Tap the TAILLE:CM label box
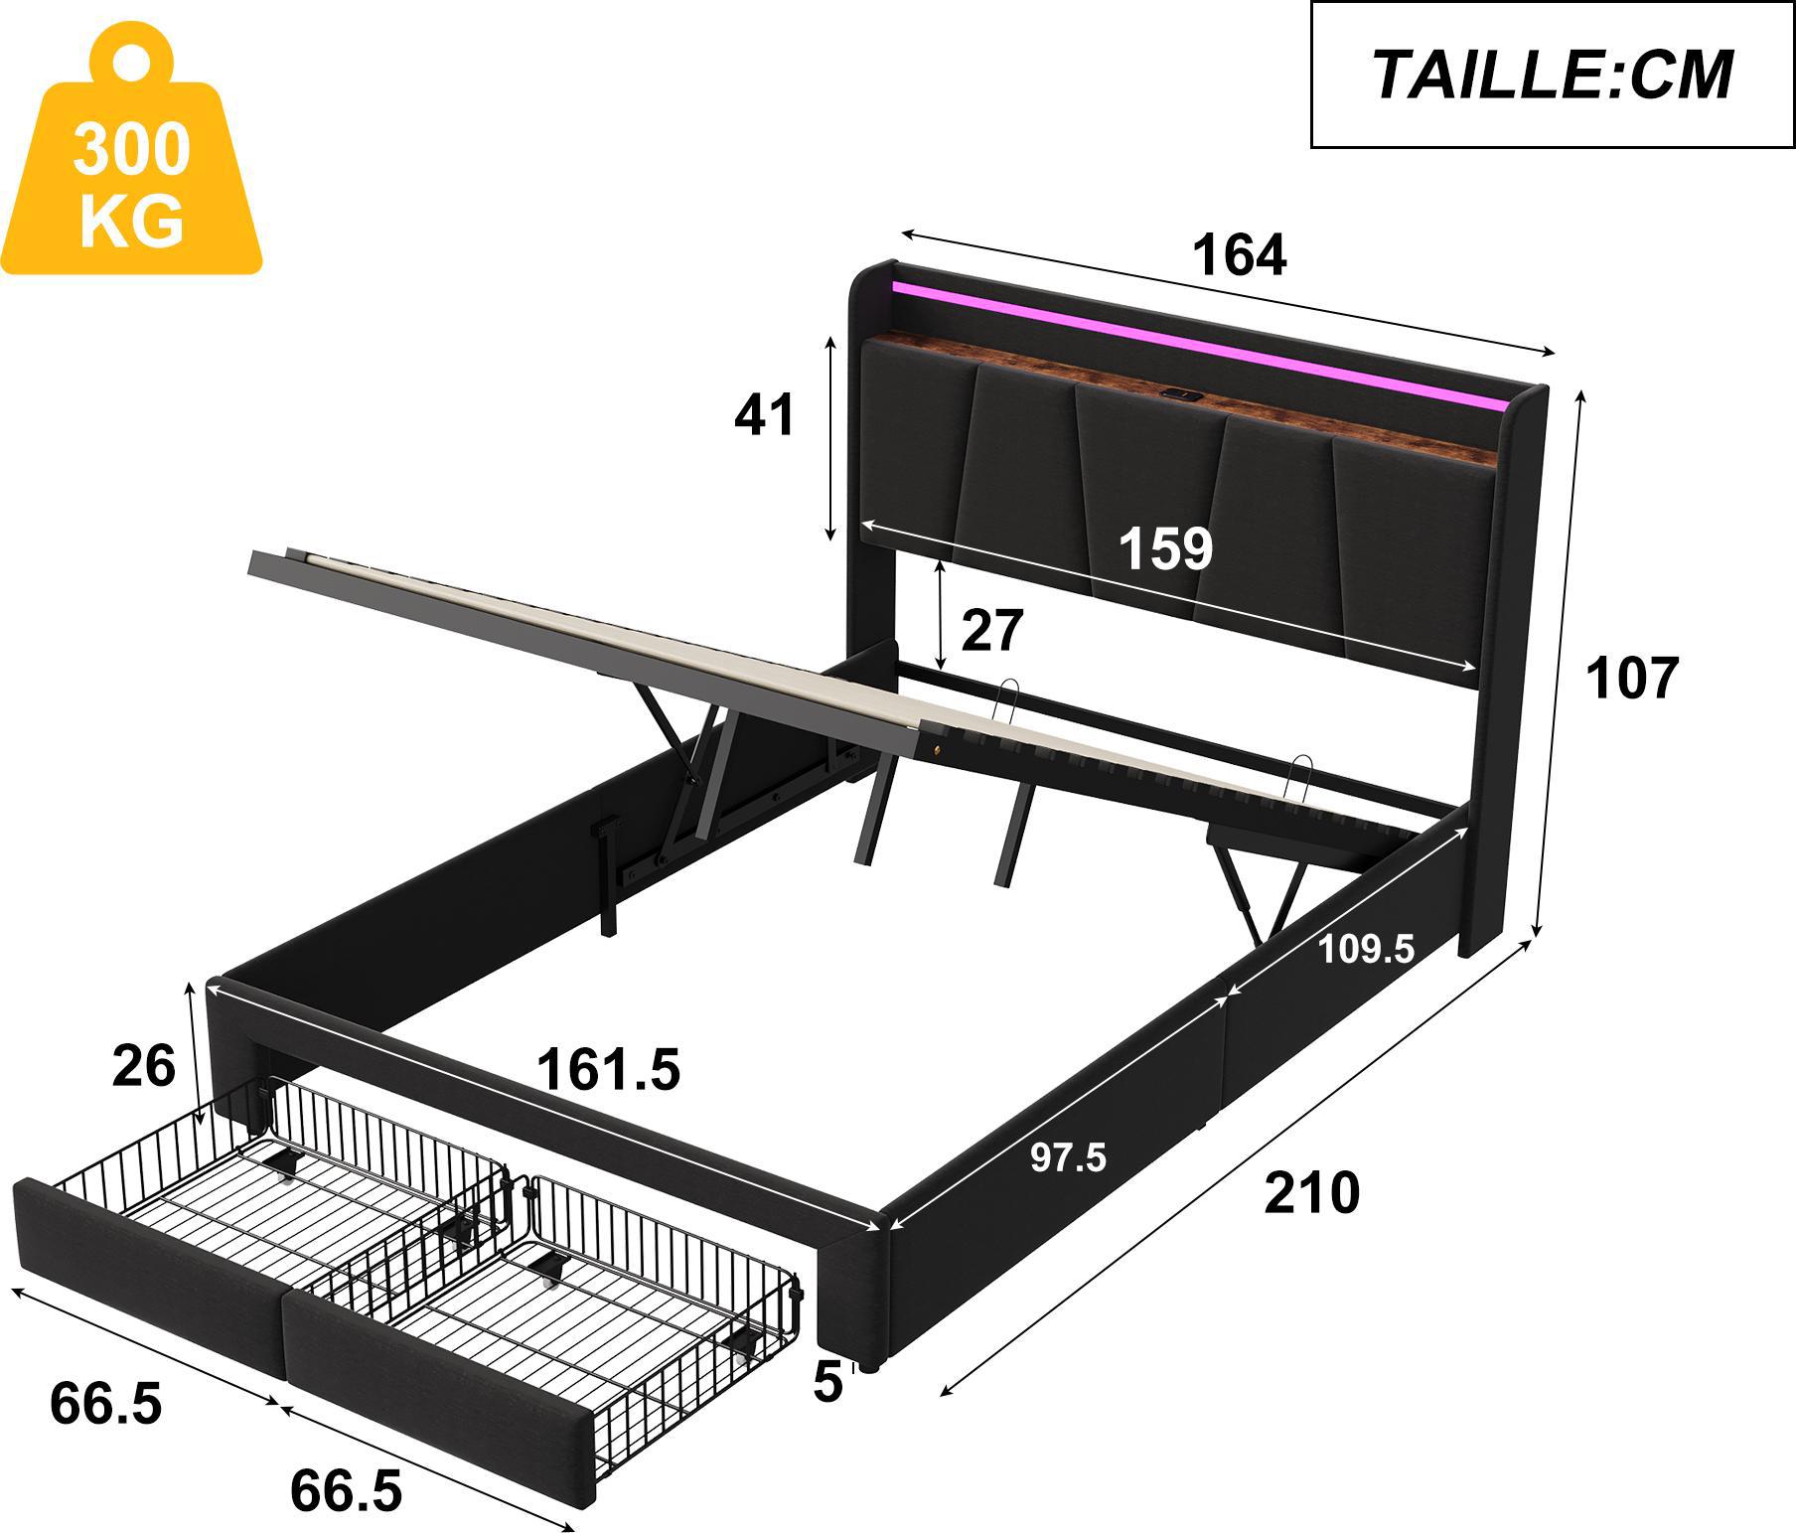click(x=1553, y=75)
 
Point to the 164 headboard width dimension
click(x=1239, y=255)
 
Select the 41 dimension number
click(x=764, y=414)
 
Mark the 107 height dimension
click(x=1631, y=679)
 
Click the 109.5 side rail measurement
click(x=1366, y=950)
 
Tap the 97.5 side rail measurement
click(x=1068, y=1157)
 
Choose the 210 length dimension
click(x=1311, y=1193)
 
